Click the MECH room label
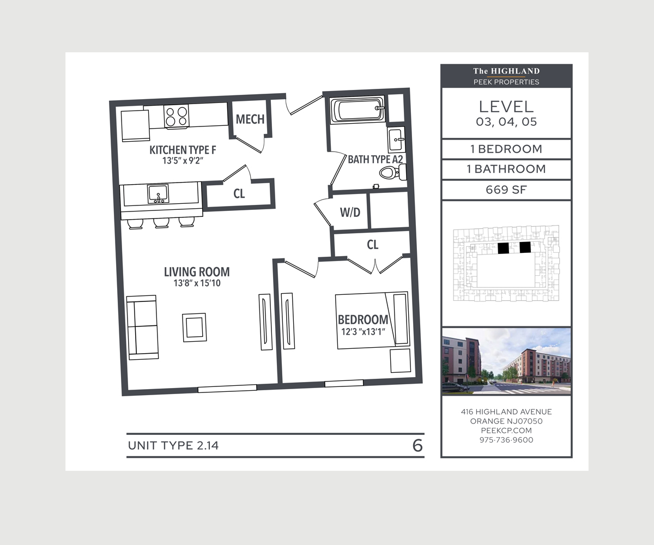pos(250,119)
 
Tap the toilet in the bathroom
pos(393,172)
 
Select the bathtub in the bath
pos(358,109)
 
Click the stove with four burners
pos(177,116)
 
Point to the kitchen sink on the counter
pos(158,193)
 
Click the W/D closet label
pos(350,213)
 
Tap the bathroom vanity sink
pos(396,140)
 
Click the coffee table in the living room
pos(195,328)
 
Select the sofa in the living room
pos(142,327)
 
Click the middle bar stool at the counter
pos(161,223)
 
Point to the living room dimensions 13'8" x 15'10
pos(197,283)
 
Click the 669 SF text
pos(506,190)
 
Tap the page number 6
pos(417,446)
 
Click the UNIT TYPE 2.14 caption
pos(173,446)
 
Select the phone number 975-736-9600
pos(506,440)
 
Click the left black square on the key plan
pos(504,248)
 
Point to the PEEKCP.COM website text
pos(506,431)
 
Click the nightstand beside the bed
pos(400,360)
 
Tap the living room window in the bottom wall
pos(227,389)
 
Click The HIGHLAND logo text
pos(506,71)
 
